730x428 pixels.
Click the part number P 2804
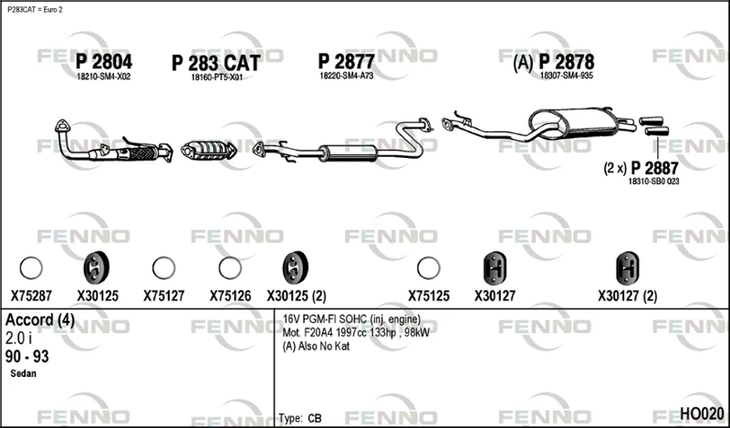[x=104, y=61]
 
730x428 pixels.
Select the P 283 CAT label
[x=215, y=63]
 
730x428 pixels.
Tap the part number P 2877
[x=346, y=61]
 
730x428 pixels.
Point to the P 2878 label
[x=567, y=61]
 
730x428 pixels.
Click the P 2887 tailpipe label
[x=654, y=168]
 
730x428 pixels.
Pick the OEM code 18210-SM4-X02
[x=104, y=77]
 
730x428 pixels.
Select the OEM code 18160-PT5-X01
[x=216, y=78]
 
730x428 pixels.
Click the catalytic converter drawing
[x=209, y=150]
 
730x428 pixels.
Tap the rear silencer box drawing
[x=573, y=122]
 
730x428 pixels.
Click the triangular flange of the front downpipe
[x=62, y=126]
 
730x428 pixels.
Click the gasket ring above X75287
[x=31, y=267]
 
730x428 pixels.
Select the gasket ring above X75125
[x=428, y=267]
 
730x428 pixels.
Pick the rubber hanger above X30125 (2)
[x=295, y=267]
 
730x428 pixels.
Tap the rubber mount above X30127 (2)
[x=627, y=268]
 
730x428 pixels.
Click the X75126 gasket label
[x=230, y=296]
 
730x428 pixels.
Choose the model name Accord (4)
[x=40, y=320]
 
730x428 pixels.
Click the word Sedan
[x=24, y=373]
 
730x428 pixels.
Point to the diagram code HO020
[x=702, y=413]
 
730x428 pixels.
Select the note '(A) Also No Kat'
[x=316, y=346]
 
